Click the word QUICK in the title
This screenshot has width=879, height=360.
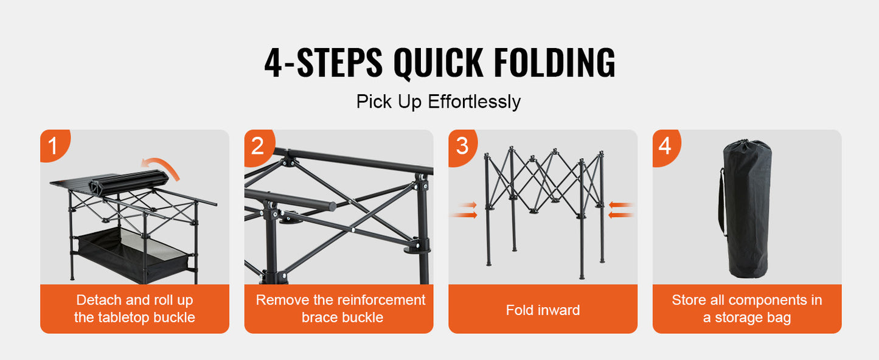[439, 63]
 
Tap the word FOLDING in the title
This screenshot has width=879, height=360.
[555, 62]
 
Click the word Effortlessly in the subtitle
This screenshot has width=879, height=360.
[474, 102]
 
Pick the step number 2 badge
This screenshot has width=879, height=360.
[259, 147]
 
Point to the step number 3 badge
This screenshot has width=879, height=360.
[463, 147]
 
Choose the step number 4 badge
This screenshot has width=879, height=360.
[666, 147]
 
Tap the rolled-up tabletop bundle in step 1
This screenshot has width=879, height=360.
[129, 182]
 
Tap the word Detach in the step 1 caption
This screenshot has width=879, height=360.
[99, 300]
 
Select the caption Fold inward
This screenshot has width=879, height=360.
[543, 310]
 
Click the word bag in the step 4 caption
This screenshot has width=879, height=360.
[779, 318]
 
